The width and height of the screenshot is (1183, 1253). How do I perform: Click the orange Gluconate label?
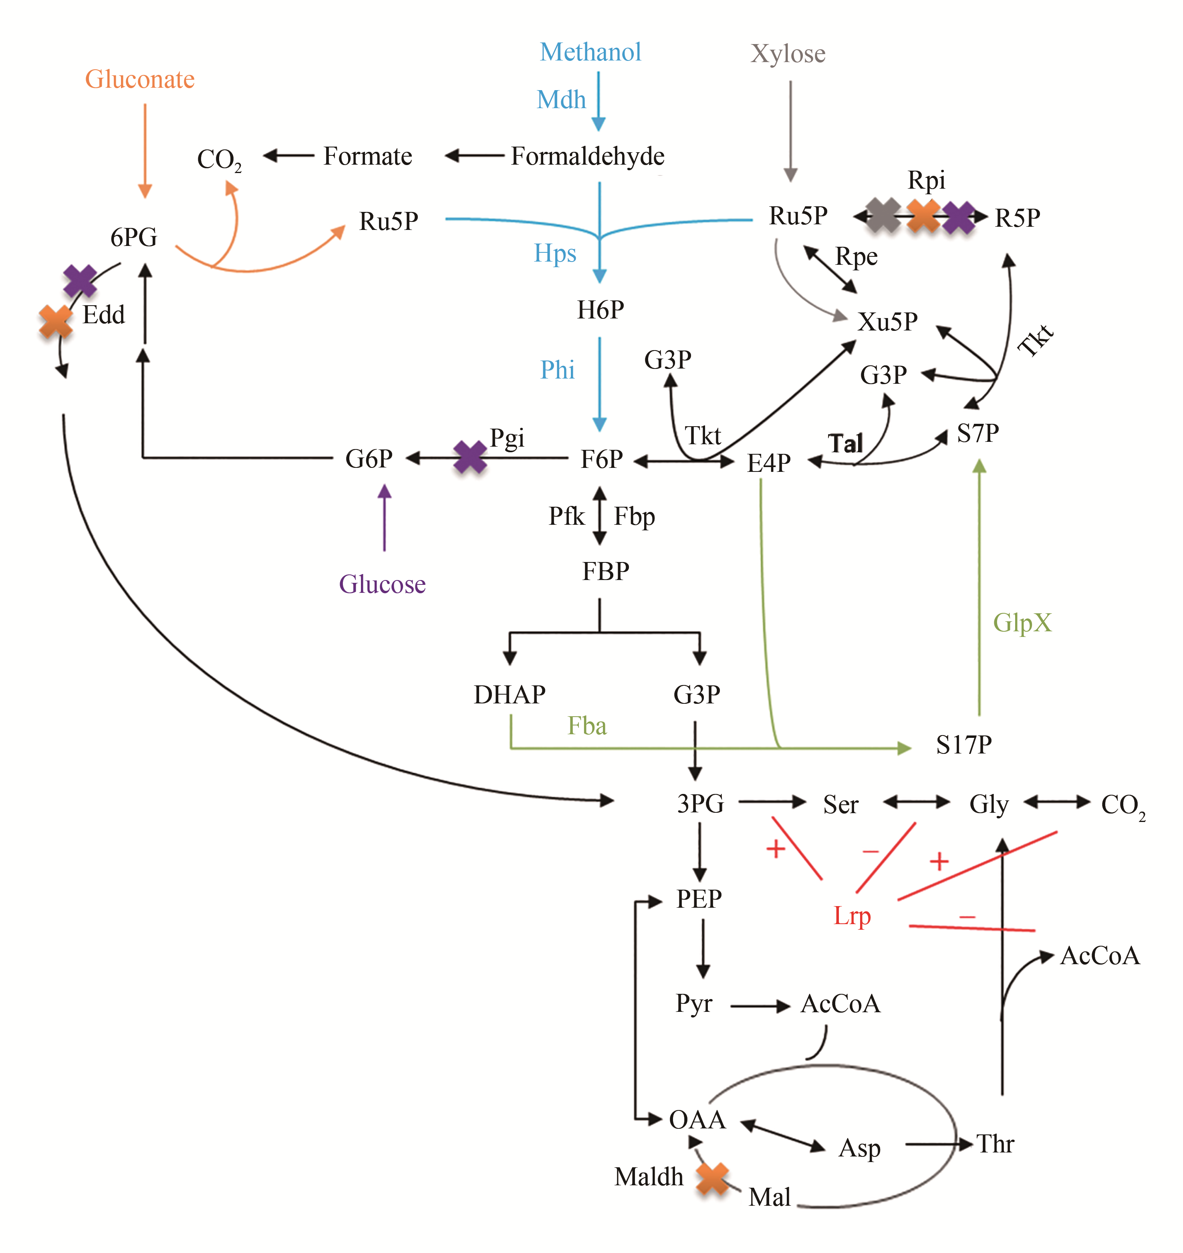(x=140, y=79)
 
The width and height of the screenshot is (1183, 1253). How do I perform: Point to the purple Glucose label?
(x=382, y=584)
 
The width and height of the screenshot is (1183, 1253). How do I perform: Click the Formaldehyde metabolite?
(x=587, y=156)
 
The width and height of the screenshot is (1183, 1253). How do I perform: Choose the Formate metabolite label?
(x=368, y=156)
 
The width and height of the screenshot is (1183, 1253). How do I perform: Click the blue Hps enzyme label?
(x=555, y=254)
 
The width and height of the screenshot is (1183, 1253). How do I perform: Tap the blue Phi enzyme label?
(x=557, y=370)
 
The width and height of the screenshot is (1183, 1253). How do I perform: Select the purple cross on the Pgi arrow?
(x=470, y=457)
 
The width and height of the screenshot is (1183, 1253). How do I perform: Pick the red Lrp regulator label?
(x=852, y=916)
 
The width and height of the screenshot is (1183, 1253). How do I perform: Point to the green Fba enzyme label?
(x=587, y=726)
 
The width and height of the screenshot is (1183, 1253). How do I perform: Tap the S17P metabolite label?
(x=963, y=745)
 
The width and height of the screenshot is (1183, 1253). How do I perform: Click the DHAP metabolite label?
(x=510, y=694)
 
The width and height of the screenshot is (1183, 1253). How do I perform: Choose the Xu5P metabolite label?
(x=887, y=322)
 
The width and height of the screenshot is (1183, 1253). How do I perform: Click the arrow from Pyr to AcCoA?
(x=760, y=1006)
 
